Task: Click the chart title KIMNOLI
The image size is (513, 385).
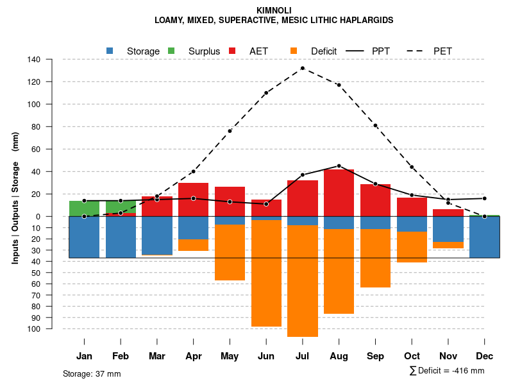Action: click(274, 10)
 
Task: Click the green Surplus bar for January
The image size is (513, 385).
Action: click(84, 209)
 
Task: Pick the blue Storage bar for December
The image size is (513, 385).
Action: click(485, 237)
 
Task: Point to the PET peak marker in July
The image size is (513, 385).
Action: click(303, 68)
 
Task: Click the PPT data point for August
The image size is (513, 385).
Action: click(339, 166)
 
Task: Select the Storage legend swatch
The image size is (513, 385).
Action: click(110, 51)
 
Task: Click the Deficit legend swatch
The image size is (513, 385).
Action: click(294, 51)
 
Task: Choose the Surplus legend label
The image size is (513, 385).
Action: click(204, 51)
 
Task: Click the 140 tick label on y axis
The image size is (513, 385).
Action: click(34, 60)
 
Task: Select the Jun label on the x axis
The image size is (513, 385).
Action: click(266, 356)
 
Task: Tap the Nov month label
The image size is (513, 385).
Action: click(448, 356)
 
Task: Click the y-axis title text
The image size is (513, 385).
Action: click(15, 198)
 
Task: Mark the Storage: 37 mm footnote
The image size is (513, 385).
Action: click(92, 373)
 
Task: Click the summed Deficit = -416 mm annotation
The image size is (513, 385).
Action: click(447, 370)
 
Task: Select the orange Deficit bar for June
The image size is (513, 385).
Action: click(266, 273)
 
